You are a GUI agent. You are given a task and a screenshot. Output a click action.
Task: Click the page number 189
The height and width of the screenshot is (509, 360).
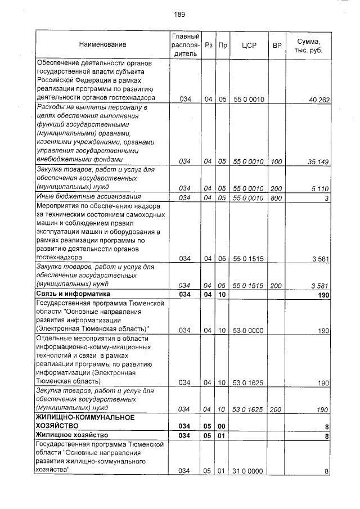[179, 14]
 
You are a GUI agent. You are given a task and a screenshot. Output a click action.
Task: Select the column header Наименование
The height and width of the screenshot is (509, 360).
[102, 44]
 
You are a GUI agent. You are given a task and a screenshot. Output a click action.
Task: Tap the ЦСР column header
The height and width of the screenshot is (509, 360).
[248, 44]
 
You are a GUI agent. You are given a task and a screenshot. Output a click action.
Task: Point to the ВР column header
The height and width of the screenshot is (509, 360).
[276, 44]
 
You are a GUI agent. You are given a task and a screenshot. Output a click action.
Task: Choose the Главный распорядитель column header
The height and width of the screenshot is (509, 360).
[185, 44]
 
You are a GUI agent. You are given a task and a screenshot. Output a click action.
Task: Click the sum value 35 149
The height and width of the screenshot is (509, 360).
[318, 161]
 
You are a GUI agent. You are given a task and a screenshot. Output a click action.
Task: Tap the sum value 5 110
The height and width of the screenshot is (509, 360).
[321, 188]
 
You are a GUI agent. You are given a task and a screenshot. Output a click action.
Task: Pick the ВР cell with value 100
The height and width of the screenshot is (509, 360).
[276, 161]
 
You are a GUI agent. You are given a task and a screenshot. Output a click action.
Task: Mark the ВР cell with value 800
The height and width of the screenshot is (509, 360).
[276, 197]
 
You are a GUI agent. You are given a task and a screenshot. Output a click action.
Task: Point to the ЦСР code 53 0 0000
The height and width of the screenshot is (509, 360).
[248, 331]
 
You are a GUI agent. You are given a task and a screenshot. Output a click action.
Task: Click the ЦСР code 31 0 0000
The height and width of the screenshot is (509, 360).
[248, 471]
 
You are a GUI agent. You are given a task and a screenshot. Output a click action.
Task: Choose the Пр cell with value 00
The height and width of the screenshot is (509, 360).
[222, 426]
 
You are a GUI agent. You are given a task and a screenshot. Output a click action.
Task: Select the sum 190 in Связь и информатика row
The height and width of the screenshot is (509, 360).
[323, 295]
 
